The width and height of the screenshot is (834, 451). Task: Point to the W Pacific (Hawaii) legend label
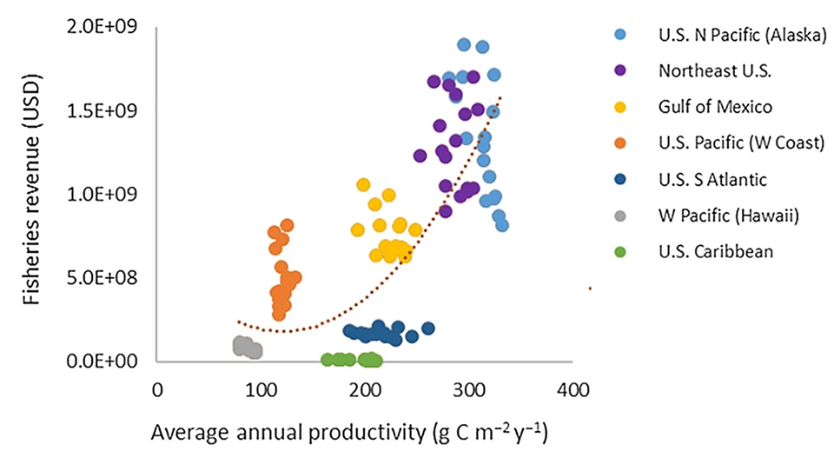coord(715,216)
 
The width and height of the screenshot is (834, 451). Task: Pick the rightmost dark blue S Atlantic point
coord(427,328)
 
